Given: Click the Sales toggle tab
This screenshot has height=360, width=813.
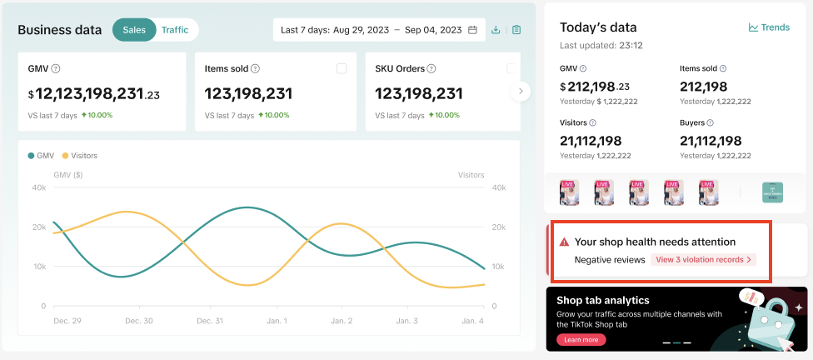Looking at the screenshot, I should click(134, 30).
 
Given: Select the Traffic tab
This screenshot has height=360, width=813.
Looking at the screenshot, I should click(174, 30).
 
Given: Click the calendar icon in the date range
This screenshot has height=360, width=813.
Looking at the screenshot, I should click(473, 30).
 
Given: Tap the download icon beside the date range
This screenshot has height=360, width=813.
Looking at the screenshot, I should click(496, 30).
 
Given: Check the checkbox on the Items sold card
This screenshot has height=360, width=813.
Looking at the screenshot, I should click(342, 68).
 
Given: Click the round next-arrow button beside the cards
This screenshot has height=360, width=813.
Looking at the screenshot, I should click(521, 91).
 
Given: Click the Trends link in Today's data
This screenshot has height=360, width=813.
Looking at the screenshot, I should click(769, 27).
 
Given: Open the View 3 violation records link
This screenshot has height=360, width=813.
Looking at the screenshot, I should click(703, 260).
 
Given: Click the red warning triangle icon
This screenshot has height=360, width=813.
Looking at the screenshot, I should click(564, 242).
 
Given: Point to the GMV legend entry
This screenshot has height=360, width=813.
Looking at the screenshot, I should click(41, 155).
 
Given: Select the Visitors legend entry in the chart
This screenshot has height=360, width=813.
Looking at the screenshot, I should click(79, 155).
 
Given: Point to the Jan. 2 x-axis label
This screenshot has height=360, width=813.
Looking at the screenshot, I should click(341, 321).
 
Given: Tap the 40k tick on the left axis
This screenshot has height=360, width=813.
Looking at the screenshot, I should click(39, 187).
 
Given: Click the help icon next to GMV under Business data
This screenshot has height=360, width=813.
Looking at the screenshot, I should click(55, 68).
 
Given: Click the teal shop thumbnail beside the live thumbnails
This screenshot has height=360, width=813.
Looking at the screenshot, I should click(773, 192).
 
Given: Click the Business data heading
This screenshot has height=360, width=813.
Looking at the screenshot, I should click(59, 30).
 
